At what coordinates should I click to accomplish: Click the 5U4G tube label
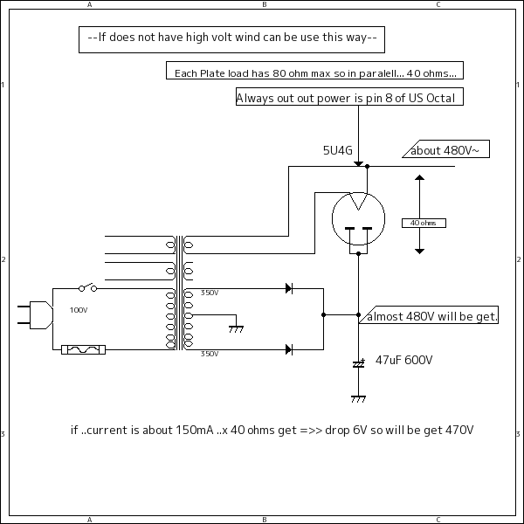point(337,150)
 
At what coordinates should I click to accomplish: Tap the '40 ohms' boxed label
point(423,223)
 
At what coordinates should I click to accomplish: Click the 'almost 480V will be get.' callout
point(431,317)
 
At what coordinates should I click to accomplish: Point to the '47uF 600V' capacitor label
point(403,360)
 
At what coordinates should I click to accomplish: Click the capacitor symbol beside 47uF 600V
point(358,363)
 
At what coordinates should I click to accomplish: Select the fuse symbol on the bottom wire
point(85,349)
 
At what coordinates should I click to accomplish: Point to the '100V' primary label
point(79,310)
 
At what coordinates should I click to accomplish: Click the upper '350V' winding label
point(210,293)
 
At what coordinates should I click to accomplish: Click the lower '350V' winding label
point(210,354)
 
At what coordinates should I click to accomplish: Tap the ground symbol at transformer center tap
point(235,327)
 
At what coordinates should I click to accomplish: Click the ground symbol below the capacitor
point(358,398)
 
